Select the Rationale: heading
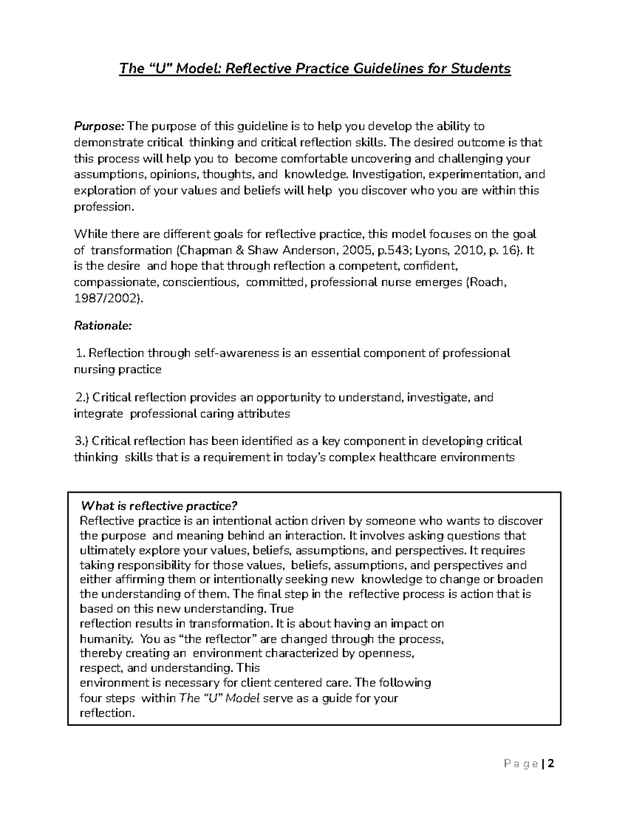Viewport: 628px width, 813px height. [x=103, y=326]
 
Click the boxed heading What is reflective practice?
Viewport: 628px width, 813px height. [x=159, y=506]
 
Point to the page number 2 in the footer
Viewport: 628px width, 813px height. [x=551, y=763]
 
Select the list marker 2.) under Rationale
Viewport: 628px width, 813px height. [x=83, y=397]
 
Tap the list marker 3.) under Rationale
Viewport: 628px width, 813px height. [x=83, y=441]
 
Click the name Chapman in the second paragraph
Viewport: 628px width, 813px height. [x=203, y=250]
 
